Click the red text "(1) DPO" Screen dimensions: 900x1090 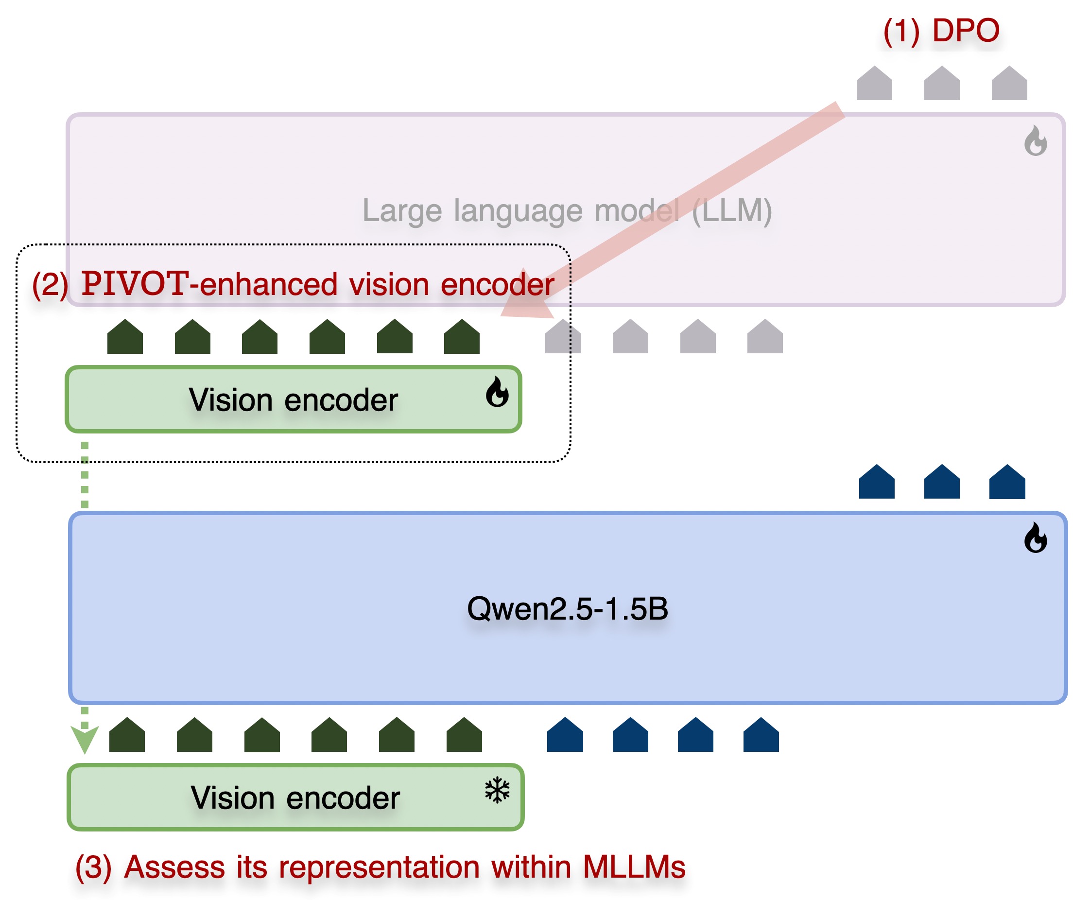tap(940, 31)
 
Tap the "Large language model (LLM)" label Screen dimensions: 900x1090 tap(567, 210)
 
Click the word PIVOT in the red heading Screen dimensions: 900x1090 tap(135, 284)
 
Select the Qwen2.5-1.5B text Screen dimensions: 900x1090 tap(567, 608)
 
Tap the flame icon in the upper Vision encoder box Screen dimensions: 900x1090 tap(497, 392)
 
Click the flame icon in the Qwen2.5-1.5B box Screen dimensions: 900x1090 tap(1035, 538)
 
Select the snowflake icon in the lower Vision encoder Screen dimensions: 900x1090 tap(497, 790)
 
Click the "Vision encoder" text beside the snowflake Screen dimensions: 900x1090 tap(295, 798)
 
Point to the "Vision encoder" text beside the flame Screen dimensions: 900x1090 tap(293, 400)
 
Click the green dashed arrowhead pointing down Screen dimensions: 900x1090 tap(85, 739)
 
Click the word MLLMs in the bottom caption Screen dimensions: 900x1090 tap(633, 867)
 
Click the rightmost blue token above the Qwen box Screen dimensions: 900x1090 tap(1006, 482)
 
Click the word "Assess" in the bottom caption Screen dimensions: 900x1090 tap(174, 867)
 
